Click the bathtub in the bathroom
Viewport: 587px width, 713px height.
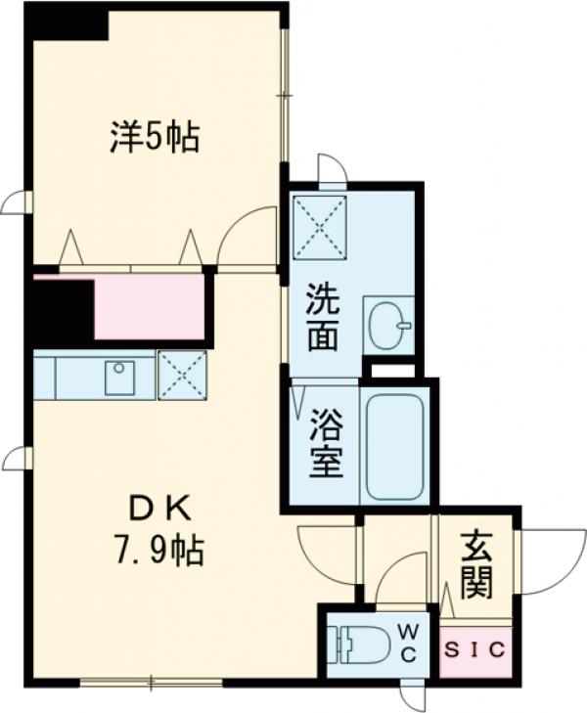(x=395, y=446)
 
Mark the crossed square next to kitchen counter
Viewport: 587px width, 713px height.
(x=182, y=375)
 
